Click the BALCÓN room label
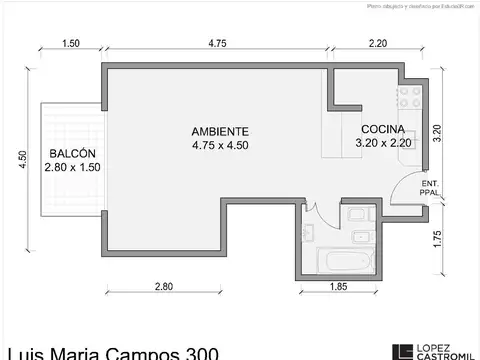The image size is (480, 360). (71, 153)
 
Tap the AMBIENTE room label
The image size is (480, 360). (220, 131)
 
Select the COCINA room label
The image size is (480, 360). (382, 129)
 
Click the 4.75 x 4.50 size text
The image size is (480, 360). (220, 145)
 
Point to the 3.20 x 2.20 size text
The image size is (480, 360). (382, 143)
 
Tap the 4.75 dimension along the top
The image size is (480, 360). (219, 43)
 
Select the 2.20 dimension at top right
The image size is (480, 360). (377, 43)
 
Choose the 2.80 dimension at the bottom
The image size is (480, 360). (164, 287)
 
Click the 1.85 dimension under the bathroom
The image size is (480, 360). (340, 287)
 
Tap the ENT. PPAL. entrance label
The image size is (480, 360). (430, 189)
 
